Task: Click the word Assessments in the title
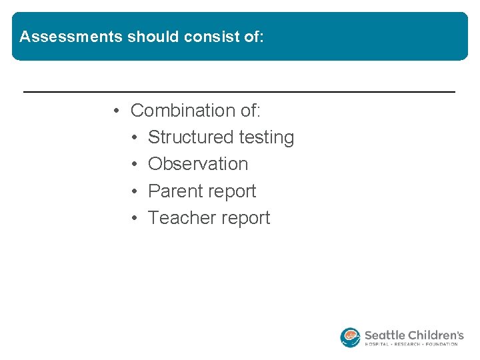pyautogui.click(x=71, y=37)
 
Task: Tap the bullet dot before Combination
pyautogui.click(x=116, y=110)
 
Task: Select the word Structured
pyautogui.click(x=191, y=137)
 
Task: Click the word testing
pyautogui.click(x=267, y=137)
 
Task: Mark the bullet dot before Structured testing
pyautogui.click(x=134, y=137)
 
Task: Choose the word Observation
pyautogui.click(x=198, y=164)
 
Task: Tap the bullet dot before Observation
pyautogui.click(x=134, y=164)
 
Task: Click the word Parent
pyautogui.click(x=175, y=191)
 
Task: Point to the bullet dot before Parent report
pyautogui.click(x=134, y=191)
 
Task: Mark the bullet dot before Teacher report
pyautogui.click(x=134, y=218)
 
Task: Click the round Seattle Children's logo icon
pyautogui.click(x=350, y=337)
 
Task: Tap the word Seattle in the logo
pyautogui.click(x=385, y=335)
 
